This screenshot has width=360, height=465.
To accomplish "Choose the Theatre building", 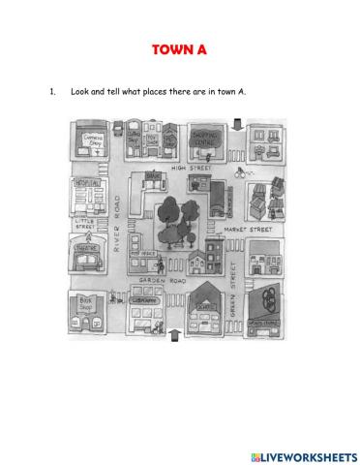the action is click(x=85, y=255).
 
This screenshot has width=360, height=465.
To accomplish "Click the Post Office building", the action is click(x=148, y=255).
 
